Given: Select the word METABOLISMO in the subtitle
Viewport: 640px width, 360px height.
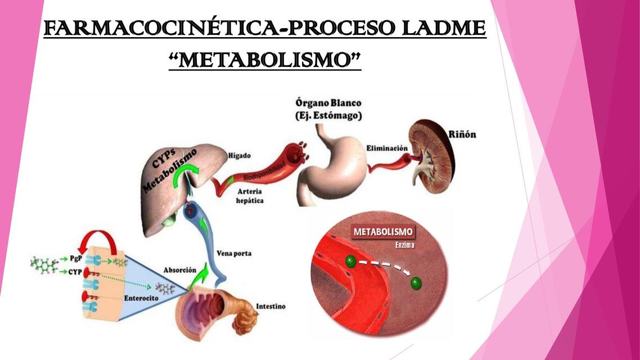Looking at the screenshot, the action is pyautogui.click(x=265, y=60).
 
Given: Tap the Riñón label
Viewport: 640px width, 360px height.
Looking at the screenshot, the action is pyautogui.click(x=462, y=134).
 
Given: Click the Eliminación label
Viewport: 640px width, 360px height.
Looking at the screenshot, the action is pyautogui.click(x=387, y=148).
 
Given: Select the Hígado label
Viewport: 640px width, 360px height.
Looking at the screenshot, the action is pyautogui.click(x=239, y=155).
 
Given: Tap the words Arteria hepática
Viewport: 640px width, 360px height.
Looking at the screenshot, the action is pyautogui.click(x=250, y=196).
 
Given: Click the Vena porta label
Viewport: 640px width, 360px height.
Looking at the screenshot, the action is pyautogui.click(x=234, y=253).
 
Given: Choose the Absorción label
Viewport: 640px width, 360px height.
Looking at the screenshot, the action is pyautogui.click(x=179, y=270).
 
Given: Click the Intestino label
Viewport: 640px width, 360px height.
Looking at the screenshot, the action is pyautogui.click(x=271, y=306).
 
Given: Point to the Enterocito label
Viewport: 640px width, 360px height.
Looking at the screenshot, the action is pyautogui.click(x=141, y=298).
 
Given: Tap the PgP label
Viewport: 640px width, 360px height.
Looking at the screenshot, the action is pyautogui.click(x=76, y=258).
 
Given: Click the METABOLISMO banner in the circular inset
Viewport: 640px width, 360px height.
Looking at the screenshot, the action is pyautogui.click(x=383, y=232).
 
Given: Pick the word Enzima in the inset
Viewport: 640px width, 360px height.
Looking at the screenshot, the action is pyautogui.click(x=404, y=245).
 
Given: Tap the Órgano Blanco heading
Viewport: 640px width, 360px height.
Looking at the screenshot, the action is pyautogui.click(x=328, y=103).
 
